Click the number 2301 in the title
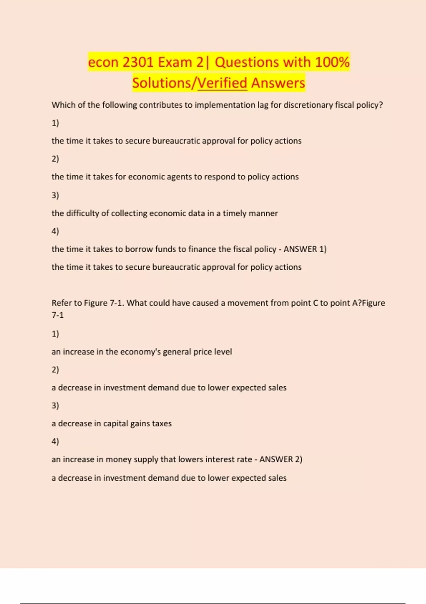(138, 62)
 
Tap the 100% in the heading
(332, 62)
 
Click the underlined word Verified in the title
(222, 83)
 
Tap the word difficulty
(82, 213)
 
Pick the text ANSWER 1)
(305, 249)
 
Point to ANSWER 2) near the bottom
(281, 459)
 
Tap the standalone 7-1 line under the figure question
(58, 315)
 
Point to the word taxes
(162, 424)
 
